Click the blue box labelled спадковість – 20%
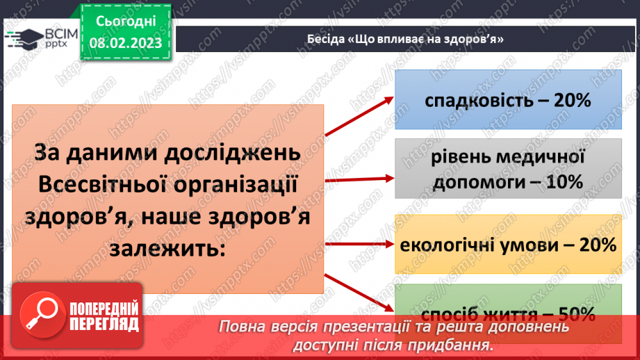508,101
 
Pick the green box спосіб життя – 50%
508,306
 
